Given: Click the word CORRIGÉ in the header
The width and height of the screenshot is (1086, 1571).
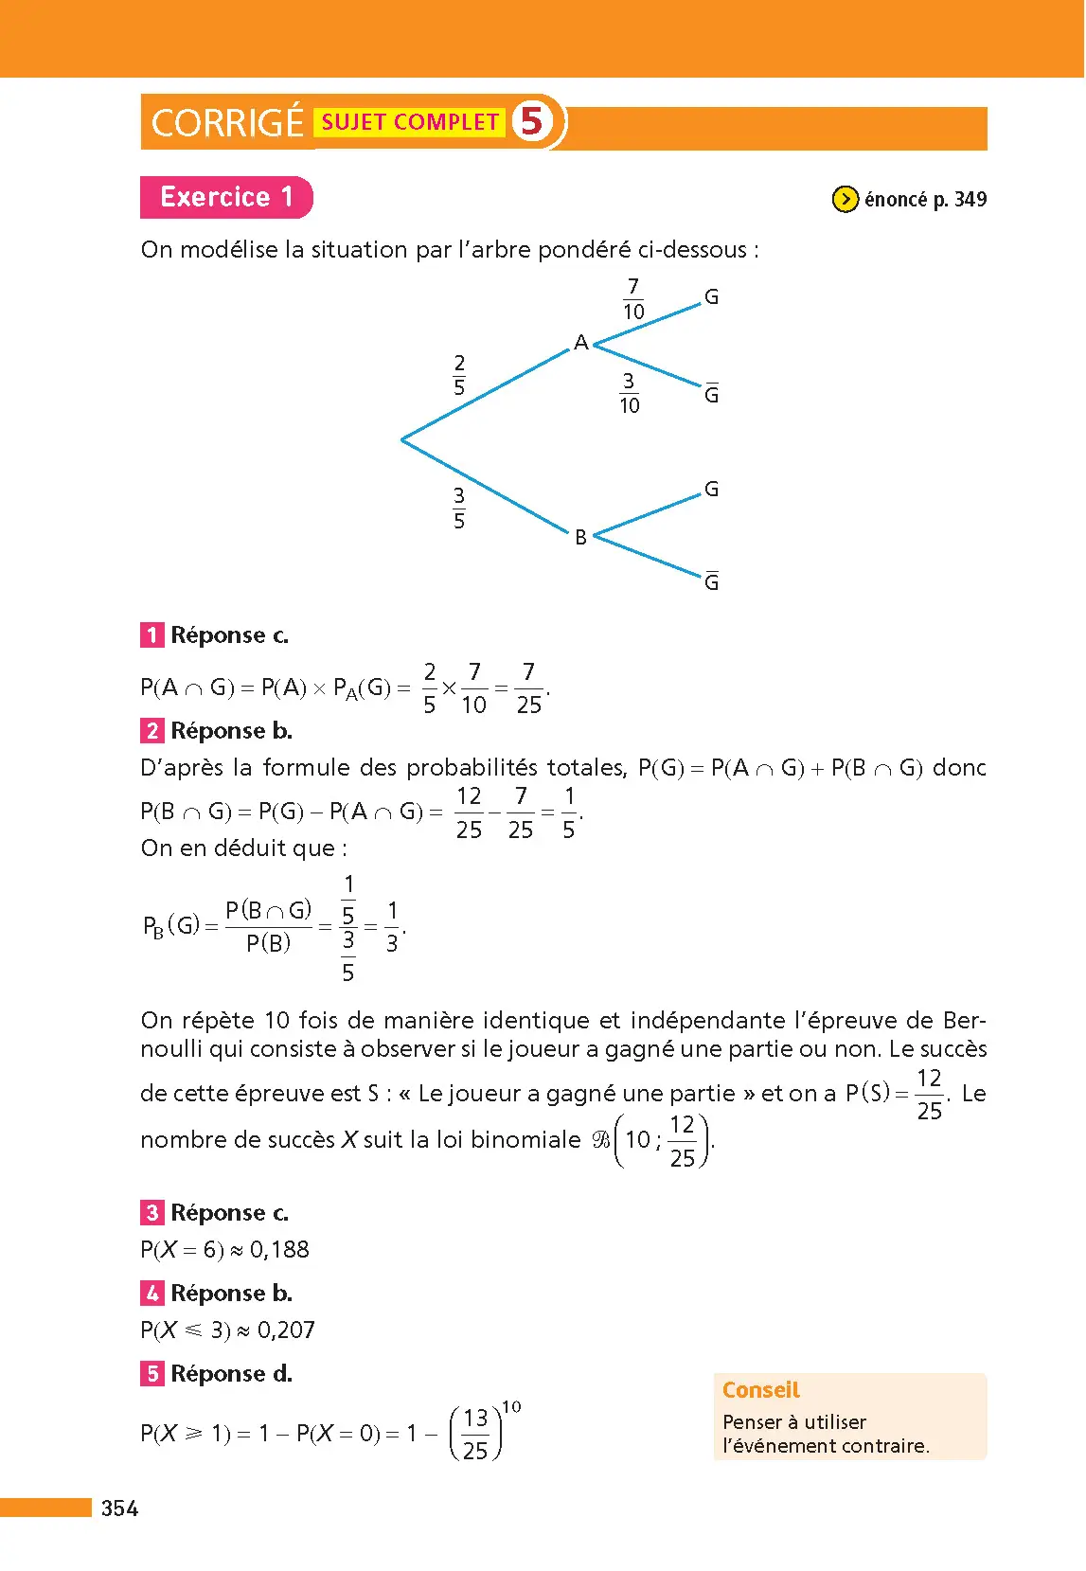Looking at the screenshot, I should (227, 123).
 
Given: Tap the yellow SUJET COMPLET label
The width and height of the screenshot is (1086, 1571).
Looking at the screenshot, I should (410, 122).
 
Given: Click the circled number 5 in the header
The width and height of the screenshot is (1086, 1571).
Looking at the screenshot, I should (532, 121).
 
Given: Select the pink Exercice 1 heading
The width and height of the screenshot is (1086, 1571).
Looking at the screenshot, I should (226, 197).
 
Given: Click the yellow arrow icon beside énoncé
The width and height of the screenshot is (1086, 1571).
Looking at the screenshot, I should (845, 199).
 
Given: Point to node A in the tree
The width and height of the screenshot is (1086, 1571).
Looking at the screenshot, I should (581, 342).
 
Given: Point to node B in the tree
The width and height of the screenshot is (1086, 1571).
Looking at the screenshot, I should (580, 537).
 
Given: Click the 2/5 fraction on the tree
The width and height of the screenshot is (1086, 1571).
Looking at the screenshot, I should (459, 375).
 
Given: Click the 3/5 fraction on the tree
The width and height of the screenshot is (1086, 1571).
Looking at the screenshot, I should (459, 508).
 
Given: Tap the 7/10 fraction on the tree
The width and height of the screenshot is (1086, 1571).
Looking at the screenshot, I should (633, 299).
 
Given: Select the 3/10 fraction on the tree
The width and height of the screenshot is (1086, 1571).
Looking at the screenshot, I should (629, 393).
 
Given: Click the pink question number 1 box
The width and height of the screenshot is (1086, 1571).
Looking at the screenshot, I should (151, 634).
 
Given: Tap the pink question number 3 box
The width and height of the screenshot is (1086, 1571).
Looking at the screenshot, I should (151, 1212).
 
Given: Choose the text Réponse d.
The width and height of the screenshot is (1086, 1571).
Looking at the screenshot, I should (231, 1373).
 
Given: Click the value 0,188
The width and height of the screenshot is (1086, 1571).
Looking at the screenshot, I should (279, 1250).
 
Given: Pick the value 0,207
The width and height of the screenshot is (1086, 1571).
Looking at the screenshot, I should (286, 1330).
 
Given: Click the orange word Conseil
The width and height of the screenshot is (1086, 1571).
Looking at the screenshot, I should (761, 1390).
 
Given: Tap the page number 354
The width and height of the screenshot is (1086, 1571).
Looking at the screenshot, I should (120, 1509).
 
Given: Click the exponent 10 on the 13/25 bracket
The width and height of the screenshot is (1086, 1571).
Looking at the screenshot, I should (511, 1407).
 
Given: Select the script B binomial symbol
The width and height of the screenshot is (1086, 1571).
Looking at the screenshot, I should (601, 1139).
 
